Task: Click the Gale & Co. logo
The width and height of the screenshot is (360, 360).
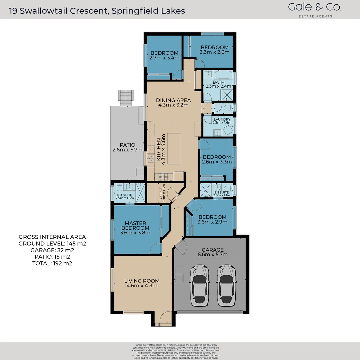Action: pyautogui.click(x=314, y=10)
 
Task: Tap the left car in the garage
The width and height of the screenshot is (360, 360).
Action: pyautogui.click(x=200, y=285)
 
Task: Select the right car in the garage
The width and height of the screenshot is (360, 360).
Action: pyautogui.click(x=226, y=285)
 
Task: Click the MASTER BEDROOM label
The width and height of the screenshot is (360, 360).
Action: pyautogui.click(x=135, y=226)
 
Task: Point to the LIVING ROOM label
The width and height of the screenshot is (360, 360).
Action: pyautogui.click(x=142, y=281)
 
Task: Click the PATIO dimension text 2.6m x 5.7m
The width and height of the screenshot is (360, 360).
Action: pyautogui.click(x=128, y=150)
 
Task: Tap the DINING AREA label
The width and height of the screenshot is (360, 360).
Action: pyautogui.click(x=173, y=100)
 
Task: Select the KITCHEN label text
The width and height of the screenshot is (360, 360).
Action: pyautogui.click(x=159, y=150)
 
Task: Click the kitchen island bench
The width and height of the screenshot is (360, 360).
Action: pyautogui.click(x=174, y=148)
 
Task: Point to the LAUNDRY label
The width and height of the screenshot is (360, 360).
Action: pyautogui.click(x=222, y=119)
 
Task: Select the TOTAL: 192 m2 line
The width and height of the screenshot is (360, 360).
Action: pyautogui.click(x=52, y=263)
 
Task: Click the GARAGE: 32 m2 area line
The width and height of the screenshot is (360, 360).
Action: pyautogui.click(x=52, y=250)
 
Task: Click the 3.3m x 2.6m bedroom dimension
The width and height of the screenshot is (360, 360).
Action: pyautogui.click(x=215, y=52)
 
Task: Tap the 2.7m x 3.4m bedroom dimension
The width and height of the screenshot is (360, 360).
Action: pyautogui.click(x=165, y=58)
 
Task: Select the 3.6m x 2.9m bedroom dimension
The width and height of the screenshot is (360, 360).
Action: pyautogui.click(x=212, y=222)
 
